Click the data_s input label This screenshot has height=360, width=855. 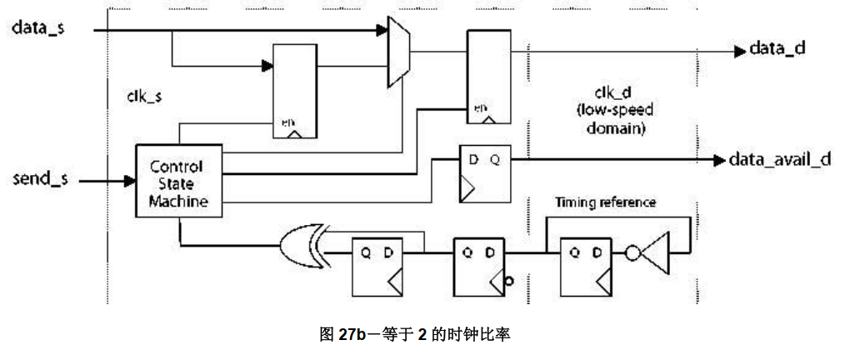(x=39, y=27)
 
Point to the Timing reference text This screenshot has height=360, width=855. (x=605, y=202)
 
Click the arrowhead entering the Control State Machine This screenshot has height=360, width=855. (x=129, y=179)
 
